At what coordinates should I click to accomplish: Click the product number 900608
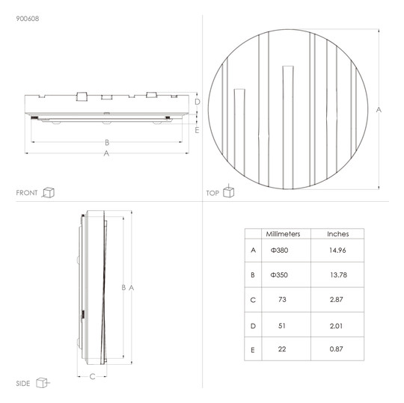click(28, 19)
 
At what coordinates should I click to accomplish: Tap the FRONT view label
click(26, 193)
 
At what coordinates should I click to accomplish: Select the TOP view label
click(212, 193)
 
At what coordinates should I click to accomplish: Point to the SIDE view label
click(23, 384)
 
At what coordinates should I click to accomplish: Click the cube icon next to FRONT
click(48, 192)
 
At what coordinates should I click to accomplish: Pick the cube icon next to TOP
click(228, 191)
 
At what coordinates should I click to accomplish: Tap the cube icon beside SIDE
click(43, 383)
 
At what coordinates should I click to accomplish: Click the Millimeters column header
click(283, 234)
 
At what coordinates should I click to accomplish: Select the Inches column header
click(337, 234)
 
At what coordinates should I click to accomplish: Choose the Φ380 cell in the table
click(279, 250)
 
